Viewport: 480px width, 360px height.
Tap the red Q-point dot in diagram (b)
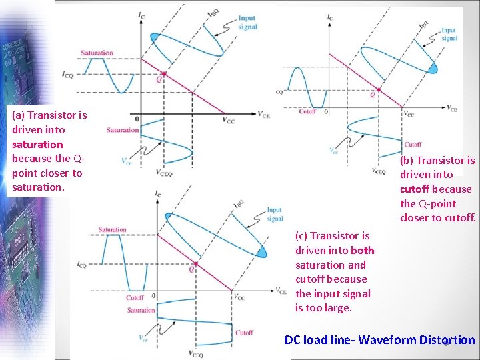point(379,89)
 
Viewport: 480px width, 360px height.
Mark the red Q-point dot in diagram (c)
point(195,262)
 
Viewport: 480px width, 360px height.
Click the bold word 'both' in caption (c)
point(362,250)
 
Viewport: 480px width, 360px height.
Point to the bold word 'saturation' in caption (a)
point(37,144)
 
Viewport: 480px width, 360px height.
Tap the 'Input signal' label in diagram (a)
point(247,23)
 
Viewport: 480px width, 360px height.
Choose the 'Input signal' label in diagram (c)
point(275,214)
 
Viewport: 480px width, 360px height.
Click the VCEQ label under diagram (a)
point(164,172)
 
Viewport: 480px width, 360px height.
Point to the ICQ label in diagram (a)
point(67,75)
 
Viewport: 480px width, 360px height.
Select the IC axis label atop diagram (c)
point(158,195)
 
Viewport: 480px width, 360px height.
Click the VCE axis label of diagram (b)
point(451,108)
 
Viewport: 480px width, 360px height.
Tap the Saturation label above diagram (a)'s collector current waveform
point(97,53)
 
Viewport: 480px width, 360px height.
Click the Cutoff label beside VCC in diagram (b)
point(413,144)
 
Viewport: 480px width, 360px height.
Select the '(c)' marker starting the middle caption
point(301,235)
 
